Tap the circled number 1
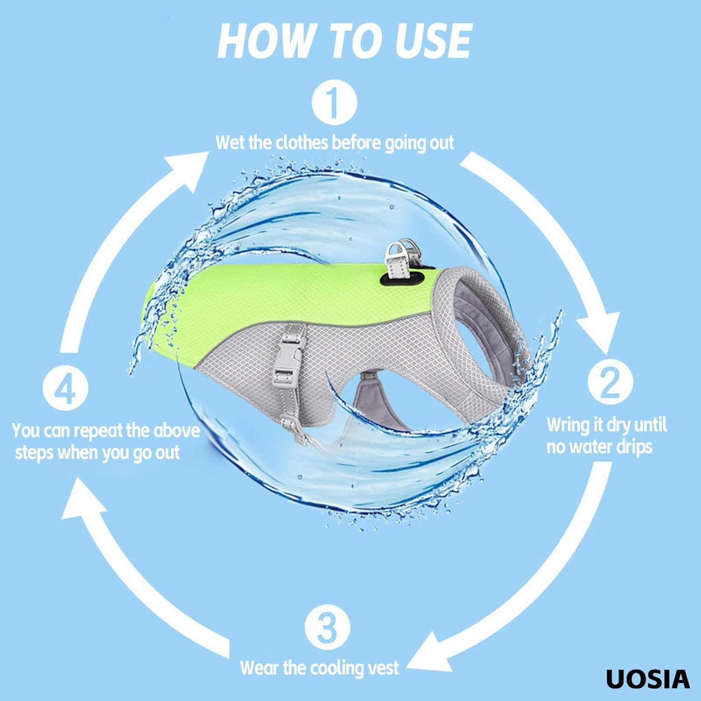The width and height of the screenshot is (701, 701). tap(334, 102)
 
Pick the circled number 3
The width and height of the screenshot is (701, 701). tap(327, 628)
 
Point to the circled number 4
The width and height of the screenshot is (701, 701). tap(65, 389)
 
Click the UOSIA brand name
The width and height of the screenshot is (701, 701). tap(648, 679)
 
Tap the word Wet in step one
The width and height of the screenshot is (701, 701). tap(230, 142)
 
